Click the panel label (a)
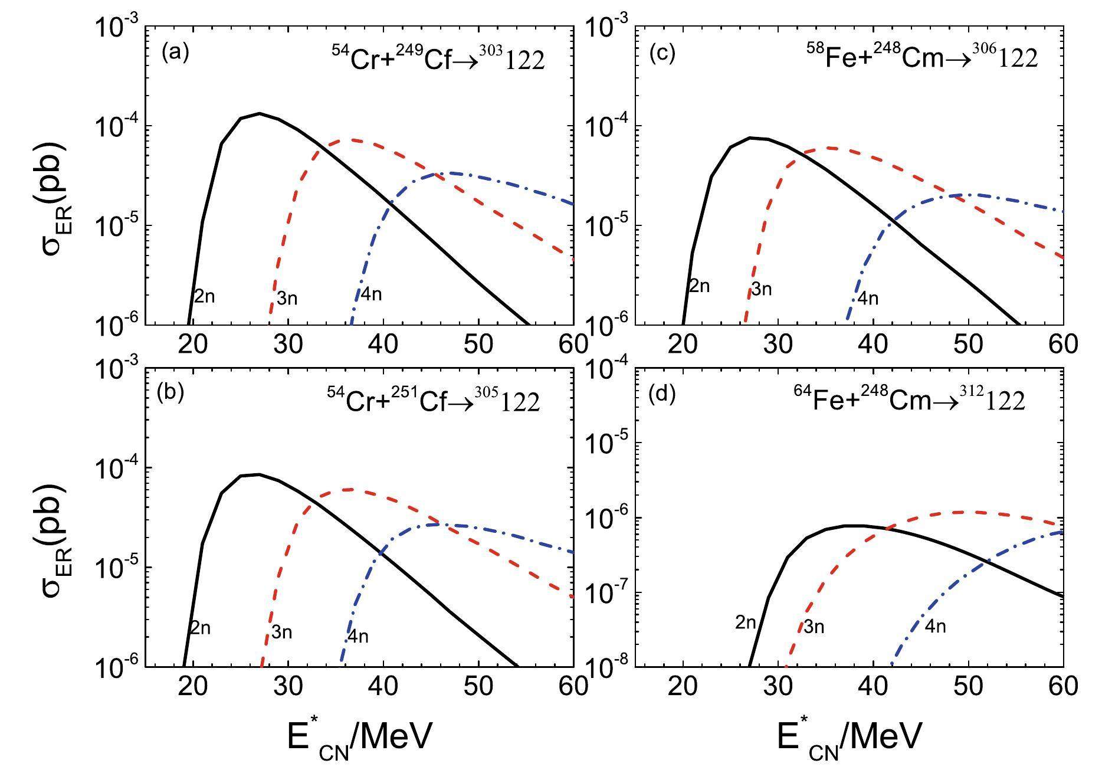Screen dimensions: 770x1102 tap(175, 53)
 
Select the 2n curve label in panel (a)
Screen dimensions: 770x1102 tap(204, 296)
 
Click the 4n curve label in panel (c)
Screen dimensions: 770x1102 tap(867, 299)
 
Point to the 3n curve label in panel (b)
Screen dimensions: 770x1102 tap(281, 633)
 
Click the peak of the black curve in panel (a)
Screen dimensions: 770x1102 tap(260, 113)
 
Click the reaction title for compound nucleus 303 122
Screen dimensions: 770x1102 tap(438, 59)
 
